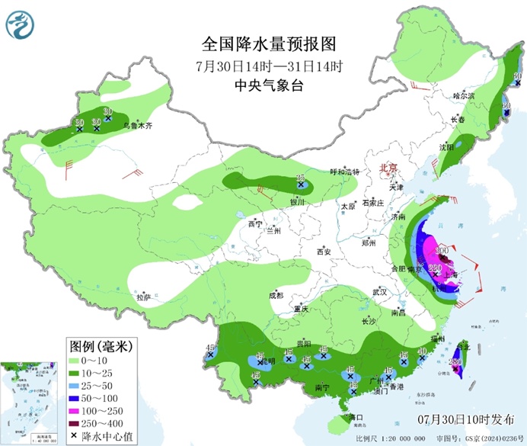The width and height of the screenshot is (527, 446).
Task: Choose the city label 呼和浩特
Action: pos(343,172)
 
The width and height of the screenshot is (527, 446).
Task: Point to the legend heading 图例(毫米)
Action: pos(100,345)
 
